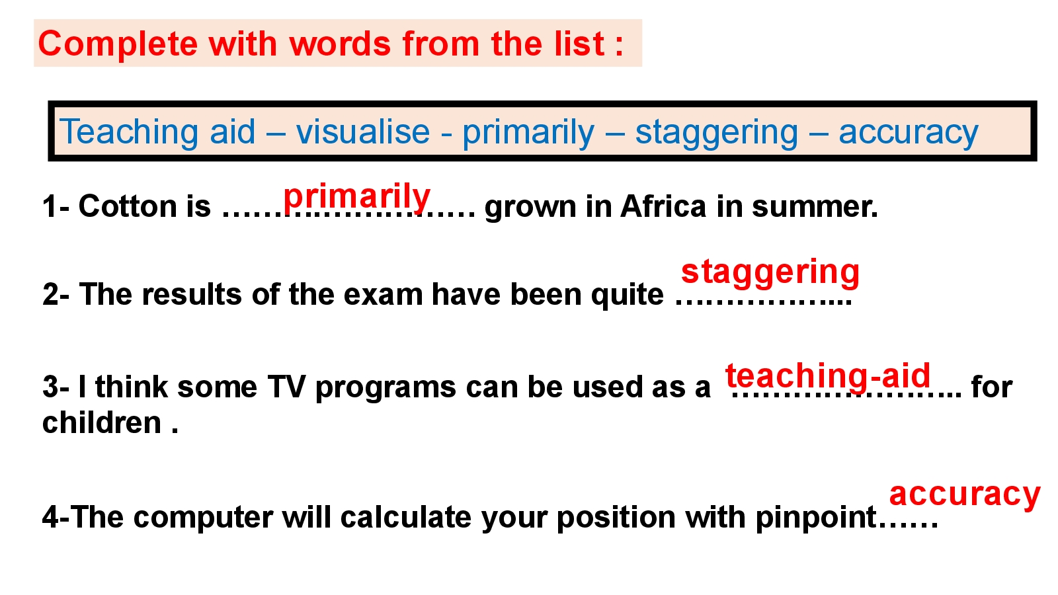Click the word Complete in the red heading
tap(118, 44)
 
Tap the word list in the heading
tap(579, 43)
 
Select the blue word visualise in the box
tap(363, 132)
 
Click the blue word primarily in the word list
tap(528, 133)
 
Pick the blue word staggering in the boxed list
tap(717, 133)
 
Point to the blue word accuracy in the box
tap(909, 133)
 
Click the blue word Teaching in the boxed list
tap(128, 132)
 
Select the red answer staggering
tap(770, 272)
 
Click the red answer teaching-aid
tap(828, 376)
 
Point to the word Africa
tap(664, 206)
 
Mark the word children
tap(102, 422)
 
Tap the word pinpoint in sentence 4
tap(816, 517)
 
